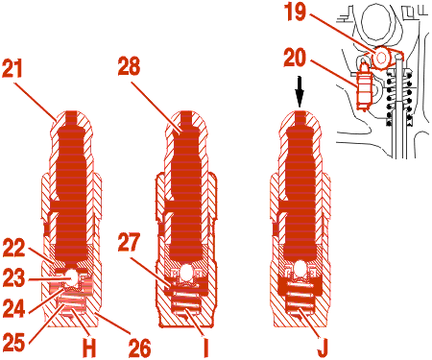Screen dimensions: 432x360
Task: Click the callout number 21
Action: point(12,68)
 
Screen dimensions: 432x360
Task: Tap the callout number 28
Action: point(129,66)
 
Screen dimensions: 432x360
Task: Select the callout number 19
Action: point(295,12)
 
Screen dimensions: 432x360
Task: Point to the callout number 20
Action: point(295,58)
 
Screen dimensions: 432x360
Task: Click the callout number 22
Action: point(13,248)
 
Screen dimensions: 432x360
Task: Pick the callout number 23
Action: point(13,277)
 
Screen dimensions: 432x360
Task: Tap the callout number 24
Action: point(13,308)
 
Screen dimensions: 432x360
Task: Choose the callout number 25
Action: point(13,343)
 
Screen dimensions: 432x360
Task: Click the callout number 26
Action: point(139,348)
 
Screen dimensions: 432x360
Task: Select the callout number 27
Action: point(129,242)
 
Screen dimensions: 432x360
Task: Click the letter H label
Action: point(89,348)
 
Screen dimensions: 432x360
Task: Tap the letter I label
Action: point(205,348)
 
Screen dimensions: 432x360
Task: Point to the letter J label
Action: point(323,348)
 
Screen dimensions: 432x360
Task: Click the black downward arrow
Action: point(300,92)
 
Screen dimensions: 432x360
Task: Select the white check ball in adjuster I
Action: point(187,272)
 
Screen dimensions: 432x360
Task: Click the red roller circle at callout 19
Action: point(381,58)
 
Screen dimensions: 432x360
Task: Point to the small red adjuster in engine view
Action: point(364,85)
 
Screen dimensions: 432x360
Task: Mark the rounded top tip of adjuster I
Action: point(186,113)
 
